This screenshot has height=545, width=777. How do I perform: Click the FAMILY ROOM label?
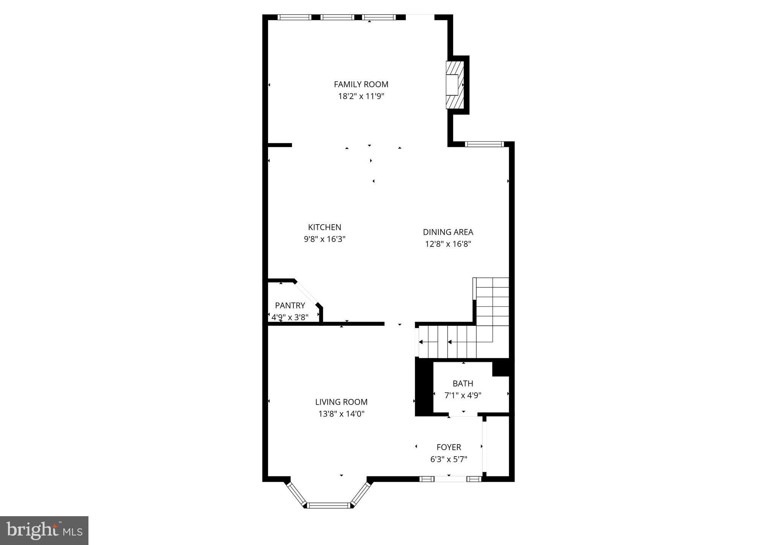(361, 84)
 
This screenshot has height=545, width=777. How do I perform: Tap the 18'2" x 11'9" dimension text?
(361, 96)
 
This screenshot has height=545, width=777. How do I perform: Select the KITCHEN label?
(325, 227)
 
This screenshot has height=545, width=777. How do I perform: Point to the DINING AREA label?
(448, 232)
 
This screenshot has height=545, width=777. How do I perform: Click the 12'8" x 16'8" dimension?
(448, 244)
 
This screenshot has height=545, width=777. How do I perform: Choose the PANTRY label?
(290, 305)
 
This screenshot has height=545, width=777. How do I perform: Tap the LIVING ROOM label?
(341, 402)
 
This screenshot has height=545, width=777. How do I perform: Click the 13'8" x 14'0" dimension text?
(341, 414)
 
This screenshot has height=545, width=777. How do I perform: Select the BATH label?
(463, 383)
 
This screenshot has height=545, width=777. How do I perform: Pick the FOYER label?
(449, 447)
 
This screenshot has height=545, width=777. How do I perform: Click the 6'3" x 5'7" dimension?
(449, 459)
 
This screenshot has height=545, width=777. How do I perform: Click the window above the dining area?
(484, 144)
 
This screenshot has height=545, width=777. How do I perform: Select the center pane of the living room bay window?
(328, 505)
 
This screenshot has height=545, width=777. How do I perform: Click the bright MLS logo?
(44, 531)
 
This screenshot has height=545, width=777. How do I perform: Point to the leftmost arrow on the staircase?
(421, 342)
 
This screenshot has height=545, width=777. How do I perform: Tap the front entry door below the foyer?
(450, 479)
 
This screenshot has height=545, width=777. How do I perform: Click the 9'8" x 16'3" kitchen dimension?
(325, 239)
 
